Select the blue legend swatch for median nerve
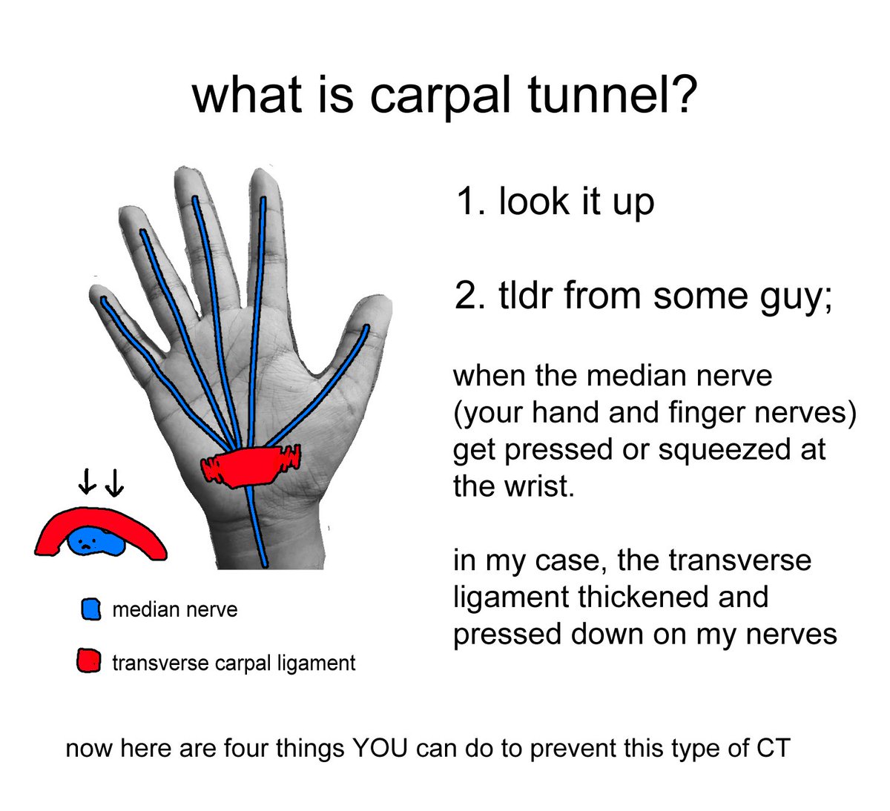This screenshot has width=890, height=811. pyautogui.click(x=90, y=610)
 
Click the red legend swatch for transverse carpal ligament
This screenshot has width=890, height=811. pyautogui.click(x=89, y=661)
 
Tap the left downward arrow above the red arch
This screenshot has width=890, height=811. pyautogui.click(x=87, y=484)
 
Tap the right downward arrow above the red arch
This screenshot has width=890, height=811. pyautogui.click(x=114, y=484)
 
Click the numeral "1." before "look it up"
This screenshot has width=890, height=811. pyautogui.click(x=470, y=202)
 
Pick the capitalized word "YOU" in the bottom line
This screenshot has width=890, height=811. pyautogui.click(x=380, y=748)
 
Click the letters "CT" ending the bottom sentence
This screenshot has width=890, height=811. pyautogui.click(x=773, y=748)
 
